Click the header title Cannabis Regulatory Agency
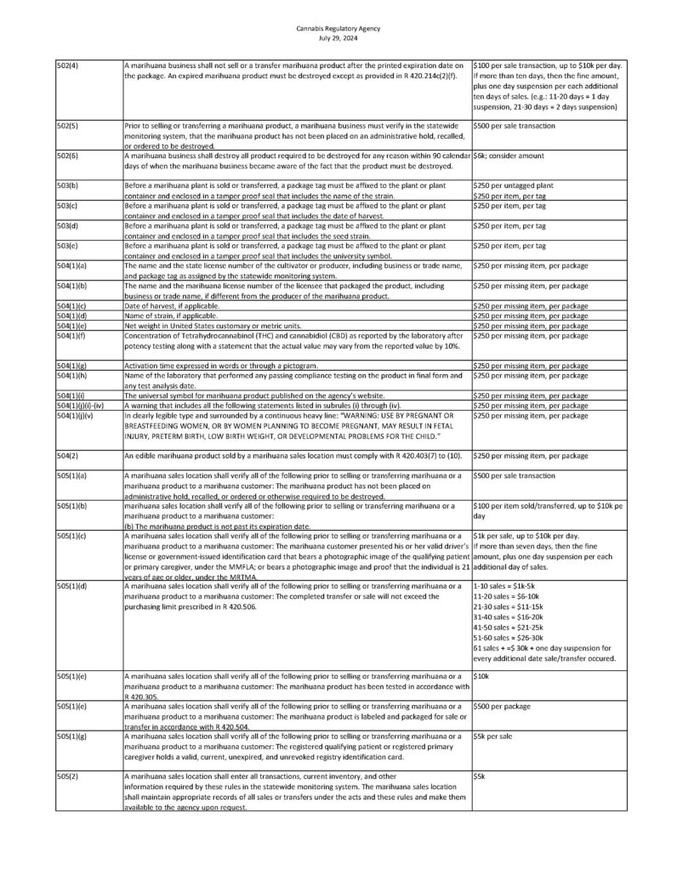pyautogui.click(x=338, y=28)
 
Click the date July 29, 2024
pyautogui.click(x=338, y=37)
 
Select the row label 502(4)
pyautogui.click(x=68, y=65)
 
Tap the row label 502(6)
pyautogui.click(x=68, y=156)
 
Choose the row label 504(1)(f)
pyautogui.click(x=73, y=336)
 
